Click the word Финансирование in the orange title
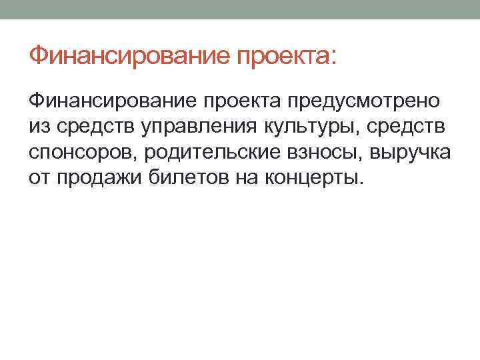(x=131, y=55)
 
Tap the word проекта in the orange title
(x=281, y=57)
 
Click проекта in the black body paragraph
(x=247, y=102)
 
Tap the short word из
(x=39, y=127)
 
